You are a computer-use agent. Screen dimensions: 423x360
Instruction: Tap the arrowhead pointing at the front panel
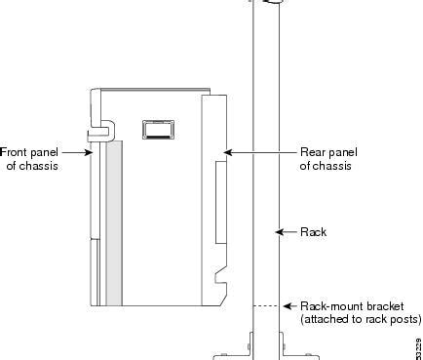tap(92, 152)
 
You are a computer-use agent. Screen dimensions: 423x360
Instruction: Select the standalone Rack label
tap(313, 232)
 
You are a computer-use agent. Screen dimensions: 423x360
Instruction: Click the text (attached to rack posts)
tap(361, 319)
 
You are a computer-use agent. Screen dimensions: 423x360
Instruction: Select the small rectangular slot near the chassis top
tap(156, 128)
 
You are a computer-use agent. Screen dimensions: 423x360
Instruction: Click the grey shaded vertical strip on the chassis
tap(115, 223)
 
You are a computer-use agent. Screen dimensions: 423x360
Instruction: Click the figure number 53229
tap(417, 345)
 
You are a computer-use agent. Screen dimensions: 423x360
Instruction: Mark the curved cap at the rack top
tap(267, 3)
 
